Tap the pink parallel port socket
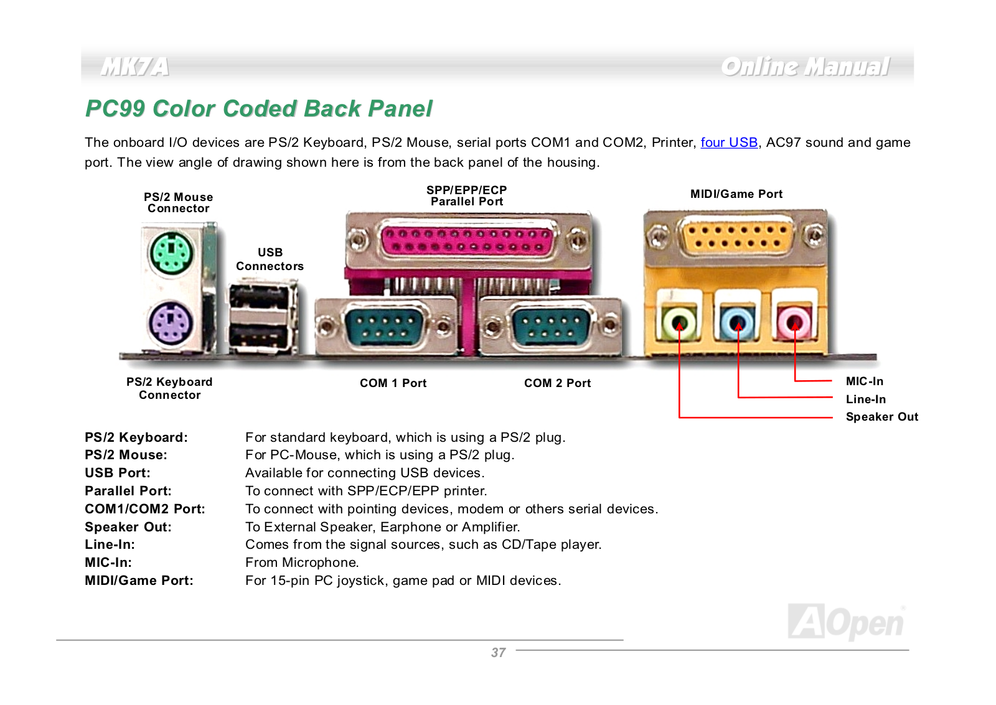[468, 240]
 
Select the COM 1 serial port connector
[385, 327]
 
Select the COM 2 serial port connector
[552, 327]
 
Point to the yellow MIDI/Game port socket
[737, 237]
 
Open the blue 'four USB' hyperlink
[729, 142]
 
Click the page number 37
[498, 653]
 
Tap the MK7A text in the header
[134, 67]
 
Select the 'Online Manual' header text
[805, 67]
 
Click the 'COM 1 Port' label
[393, 383]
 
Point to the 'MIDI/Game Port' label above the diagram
[736, 194]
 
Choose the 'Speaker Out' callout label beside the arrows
[881, 417]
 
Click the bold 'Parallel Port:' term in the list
[128, 491]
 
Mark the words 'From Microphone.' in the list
[302, 563]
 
